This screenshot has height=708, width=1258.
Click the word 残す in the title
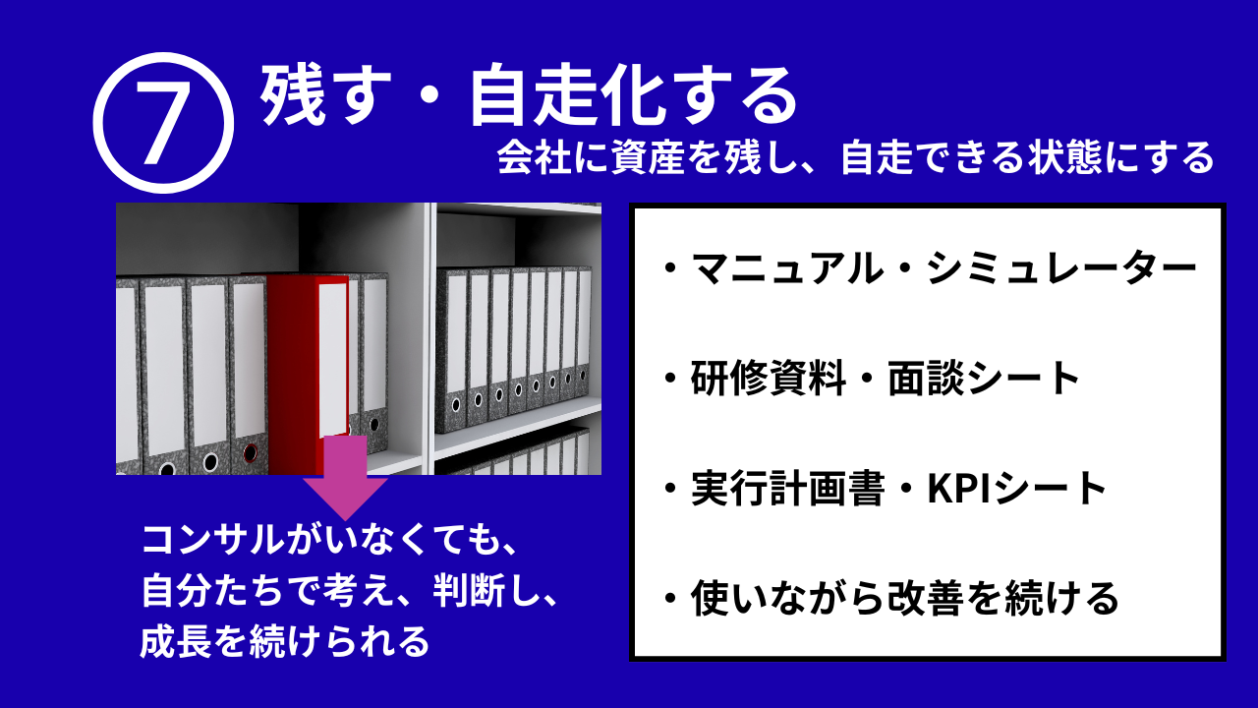325,95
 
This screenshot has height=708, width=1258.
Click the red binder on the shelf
308,374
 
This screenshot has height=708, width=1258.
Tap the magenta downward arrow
345,478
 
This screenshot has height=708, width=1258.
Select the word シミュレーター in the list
1061,268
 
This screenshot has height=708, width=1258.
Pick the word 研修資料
769,379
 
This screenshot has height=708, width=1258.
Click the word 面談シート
984,379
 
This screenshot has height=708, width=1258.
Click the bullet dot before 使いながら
669,598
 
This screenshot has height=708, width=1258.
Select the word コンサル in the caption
213,541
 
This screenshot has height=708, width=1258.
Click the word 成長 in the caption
176,641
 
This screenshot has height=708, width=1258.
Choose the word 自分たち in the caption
212,592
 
